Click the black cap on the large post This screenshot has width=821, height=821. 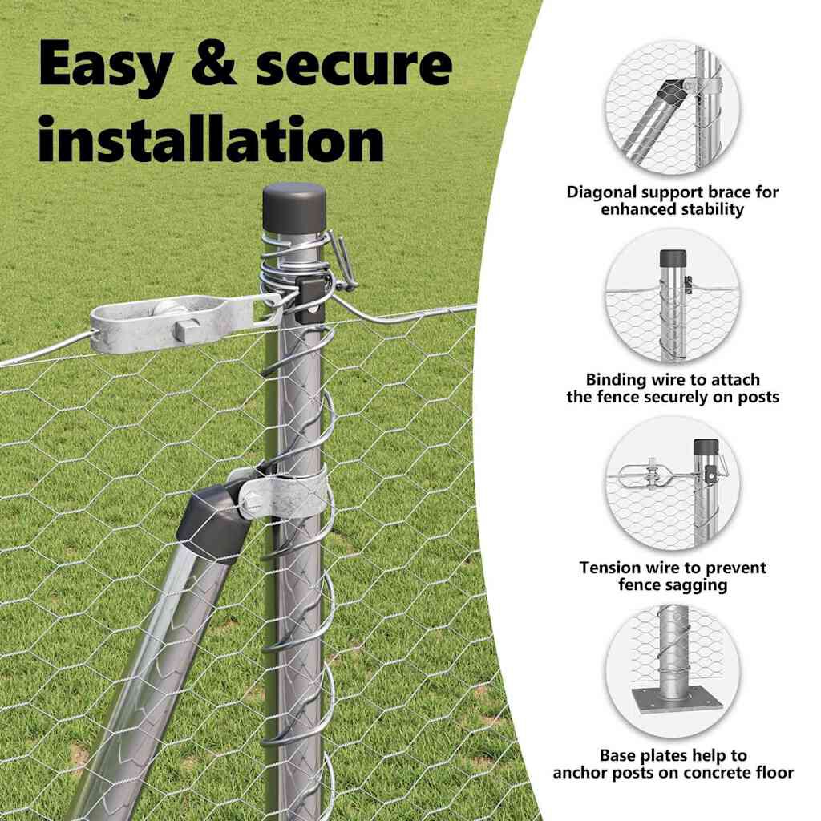click(x=294, y=206)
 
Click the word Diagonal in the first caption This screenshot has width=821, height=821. click(x=601, y=192)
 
